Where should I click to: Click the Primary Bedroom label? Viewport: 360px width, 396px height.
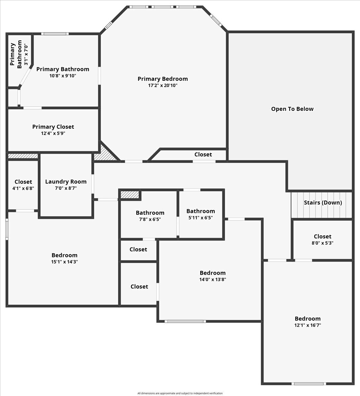(162, 79)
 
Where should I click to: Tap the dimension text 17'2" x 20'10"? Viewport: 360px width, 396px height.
(162, 85)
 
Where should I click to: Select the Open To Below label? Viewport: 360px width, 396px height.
(292, 109)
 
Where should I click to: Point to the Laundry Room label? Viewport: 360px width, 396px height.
(66, 181)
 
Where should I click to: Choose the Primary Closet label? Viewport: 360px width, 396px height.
(53, 127)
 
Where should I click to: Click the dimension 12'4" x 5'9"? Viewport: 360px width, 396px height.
(53, 133)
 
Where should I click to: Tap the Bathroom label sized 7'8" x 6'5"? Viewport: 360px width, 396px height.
(150, 213)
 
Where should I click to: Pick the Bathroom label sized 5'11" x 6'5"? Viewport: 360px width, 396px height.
(200, 211)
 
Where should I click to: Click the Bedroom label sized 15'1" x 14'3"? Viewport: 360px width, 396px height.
(64, 255)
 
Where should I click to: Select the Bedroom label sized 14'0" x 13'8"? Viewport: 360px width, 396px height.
(213, 273)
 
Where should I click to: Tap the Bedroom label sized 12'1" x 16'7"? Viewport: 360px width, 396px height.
(308, 318)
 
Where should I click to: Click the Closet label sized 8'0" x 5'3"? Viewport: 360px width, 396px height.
(322, 237)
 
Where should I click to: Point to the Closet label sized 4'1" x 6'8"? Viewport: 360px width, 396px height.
(23, 182)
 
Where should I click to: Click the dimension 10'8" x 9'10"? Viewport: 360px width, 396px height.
(63, 76)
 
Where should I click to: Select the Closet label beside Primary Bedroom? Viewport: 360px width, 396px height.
(203, 154)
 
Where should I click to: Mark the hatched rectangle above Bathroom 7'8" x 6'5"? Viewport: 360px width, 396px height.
(130, 195)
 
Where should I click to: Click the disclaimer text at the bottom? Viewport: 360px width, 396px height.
(180, 393)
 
